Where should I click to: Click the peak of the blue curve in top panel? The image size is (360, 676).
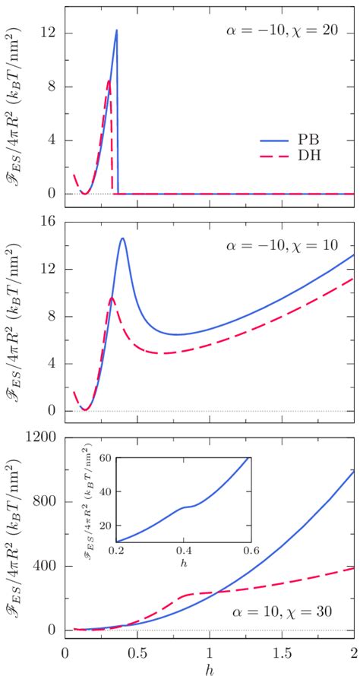click(116, 30)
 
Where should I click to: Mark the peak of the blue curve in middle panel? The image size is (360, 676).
click(122, 238)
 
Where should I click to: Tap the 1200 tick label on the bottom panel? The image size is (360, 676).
click(39, 437)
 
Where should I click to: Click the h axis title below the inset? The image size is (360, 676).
click(182, 563)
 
